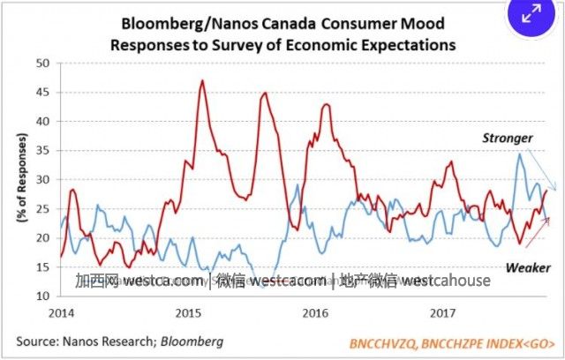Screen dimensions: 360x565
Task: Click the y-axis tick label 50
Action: click(x=41, y=63)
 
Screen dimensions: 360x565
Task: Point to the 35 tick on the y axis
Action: click(x=41, y=150)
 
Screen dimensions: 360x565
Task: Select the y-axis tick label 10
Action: click(x=41, y=296)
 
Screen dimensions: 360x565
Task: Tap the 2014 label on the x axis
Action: click(x=62, y=313)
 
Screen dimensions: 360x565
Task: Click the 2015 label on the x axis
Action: click(x=188, y=313)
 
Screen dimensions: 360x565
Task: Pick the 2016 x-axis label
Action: click(x=315, y=313)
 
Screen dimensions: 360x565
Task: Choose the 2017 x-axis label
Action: click(x=441, y=313)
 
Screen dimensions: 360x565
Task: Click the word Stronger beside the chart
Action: click(x=507, y=139)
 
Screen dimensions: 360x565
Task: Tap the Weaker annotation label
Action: click(x=527, y=266)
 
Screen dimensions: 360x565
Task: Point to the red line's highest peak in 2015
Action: click(x=203, y=81)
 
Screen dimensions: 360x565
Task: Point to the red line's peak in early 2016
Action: click(x=326, y=105)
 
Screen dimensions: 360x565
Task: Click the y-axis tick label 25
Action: click(x=41, y=208)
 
